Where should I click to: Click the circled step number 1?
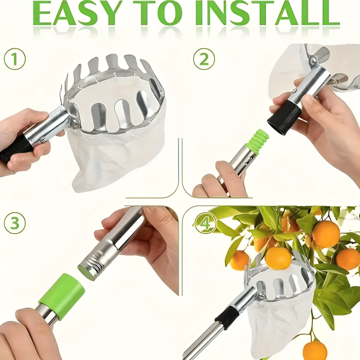click(14, 60)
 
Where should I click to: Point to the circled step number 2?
click(204, 60)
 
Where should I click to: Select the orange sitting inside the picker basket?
click(278, 258)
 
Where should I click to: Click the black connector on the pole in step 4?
click(227, 317)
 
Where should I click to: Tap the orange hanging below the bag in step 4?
click(314, 351)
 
